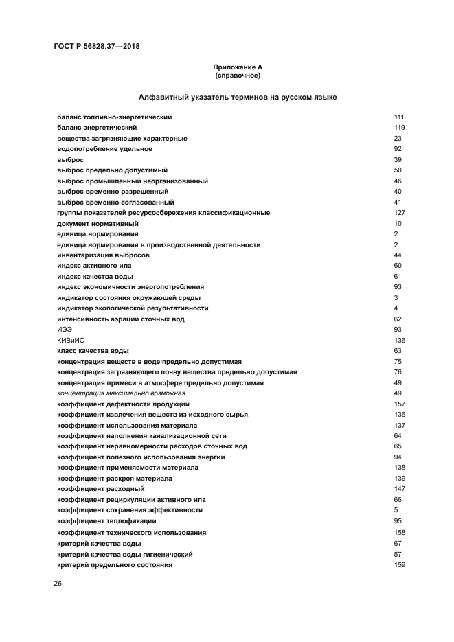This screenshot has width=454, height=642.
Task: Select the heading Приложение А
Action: coord(237,67)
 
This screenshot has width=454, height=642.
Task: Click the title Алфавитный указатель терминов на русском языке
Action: coord(237,98)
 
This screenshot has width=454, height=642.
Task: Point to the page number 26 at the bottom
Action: coord(58,583)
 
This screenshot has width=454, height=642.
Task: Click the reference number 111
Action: coord(399,117)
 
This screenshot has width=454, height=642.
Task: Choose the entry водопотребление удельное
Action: coord(104,149)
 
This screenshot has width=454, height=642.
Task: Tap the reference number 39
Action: coord(398,159)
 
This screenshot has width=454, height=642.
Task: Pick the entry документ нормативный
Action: coord(98,223)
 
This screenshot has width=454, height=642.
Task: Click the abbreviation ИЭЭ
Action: coord(65,330)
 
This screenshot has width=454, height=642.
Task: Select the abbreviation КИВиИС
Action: coord(71,340)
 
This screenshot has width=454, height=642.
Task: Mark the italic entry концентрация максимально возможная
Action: coord(121,393)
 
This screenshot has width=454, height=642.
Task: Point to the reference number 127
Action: coord(399,213)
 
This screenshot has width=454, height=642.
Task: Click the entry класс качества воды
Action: coord(92,351)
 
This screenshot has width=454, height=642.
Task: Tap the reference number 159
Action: coord(399,564)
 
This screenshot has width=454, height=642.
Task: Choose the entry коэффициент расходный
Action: coord(100,489)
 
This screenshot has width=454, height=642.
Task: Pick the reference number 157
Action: coord(399,404)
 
